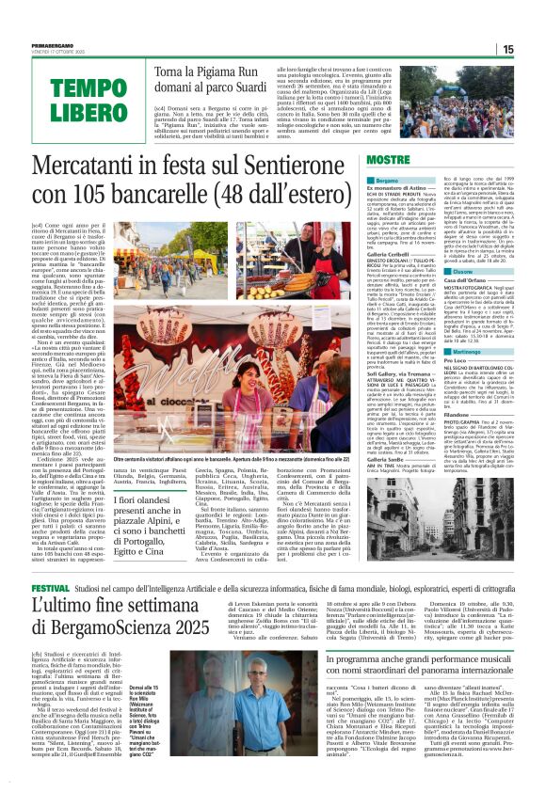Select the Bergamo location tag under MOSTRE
click(362, 179)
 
